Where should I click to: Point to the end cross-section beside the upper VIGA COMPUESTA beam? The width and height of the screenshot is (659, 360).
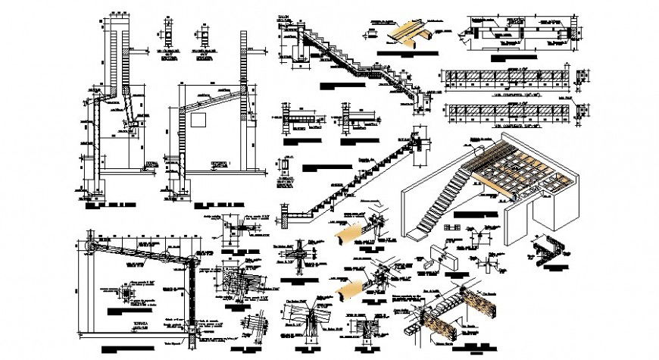coord(582,79)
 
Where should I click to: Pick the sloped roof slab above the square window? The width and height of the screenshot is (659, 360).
coord(213,95)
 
